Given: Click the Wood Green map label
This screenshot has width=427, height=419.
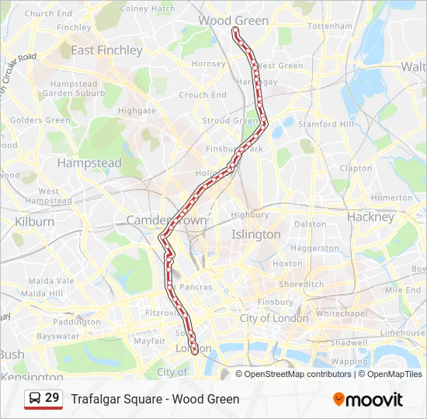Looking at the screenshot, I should pos(234,20).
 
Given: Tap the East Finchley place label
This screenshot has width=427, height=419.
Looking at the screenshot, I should pos(106,50).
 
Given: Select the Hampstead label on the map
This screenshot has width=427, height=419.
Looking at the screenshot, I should pos(89,163).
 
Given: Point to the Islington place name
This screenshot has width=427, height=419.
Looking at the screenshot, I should pos(256,234).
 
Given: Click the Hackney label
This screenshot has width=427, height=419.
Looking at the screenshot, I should pos(371,217).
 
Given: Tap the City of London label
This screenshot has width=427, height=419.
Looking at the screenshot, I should pos(274,318).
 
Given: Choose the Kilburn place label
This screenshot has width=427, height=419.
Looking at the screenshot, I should pos(35,221).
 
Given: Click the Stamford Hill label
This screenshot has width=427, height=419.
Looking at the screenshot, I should pos(326,124).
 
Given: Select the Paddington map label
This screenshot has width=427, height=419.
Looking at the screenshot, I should pos(78,322).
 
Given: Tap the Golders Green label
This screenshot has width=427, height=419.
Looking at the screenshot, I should pos(40,120).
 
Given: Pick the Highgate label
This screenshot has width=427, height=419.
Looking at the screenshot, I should pos(137,111).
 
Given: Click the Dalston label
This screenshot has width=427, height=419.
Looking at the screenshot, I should pos(311,223).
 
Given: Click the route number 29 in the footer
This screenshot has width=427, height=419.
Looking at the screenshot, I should pos(52,398).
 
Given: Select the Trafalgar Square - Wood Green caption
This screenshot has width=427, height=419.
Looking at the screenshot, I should pos(155,400).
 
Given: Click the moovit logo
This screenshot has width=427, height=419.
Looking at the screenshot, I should pos(368,400).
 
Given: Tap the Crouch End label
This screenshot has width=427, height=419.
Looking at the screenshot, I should pos(193,95).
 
